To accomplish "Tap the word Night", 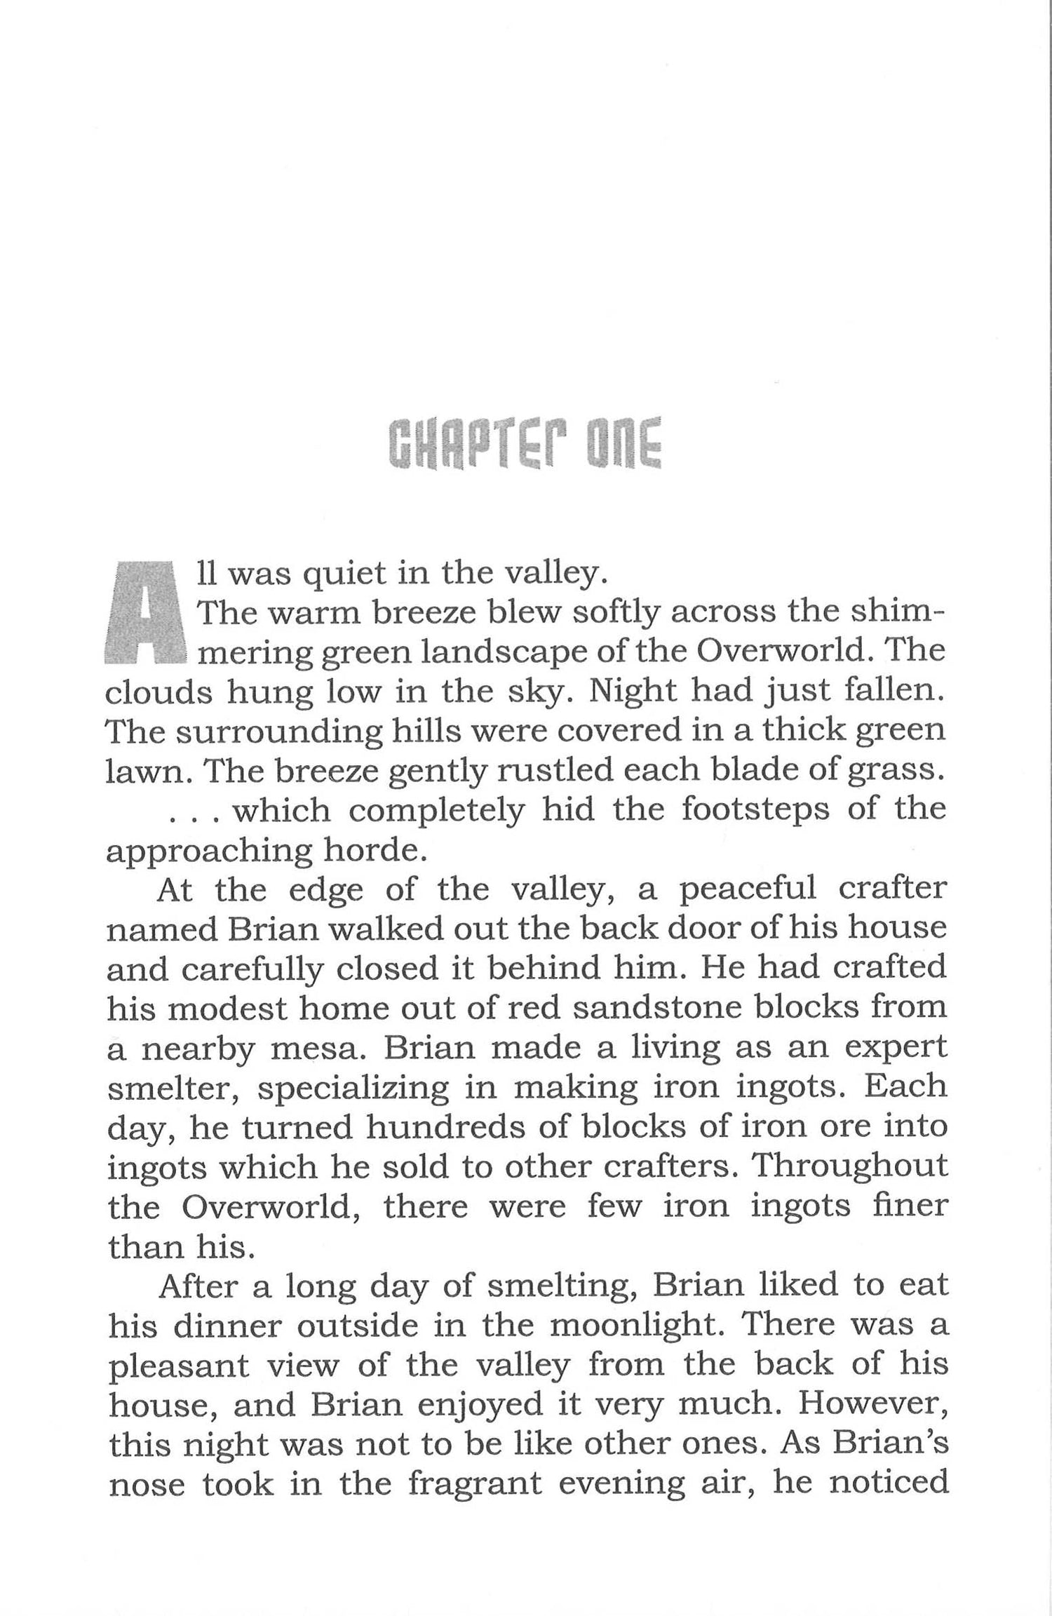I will pos(630,692).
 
